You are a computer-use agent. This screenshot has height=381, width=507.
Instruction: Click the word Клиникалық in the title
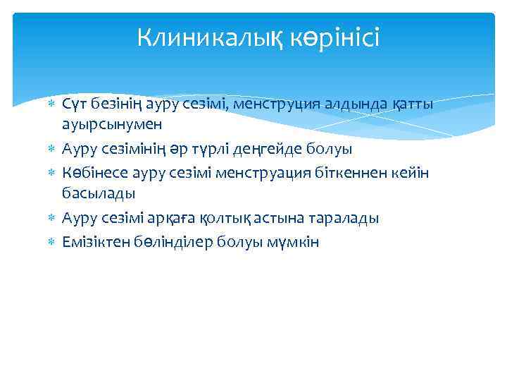coord(203,37)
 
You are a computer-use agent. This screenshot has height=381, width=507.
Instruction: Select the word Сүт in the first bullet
coord(73,104)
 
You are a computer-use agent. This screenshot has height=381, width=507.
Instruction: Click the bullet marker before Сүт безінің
coord(50,105)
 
